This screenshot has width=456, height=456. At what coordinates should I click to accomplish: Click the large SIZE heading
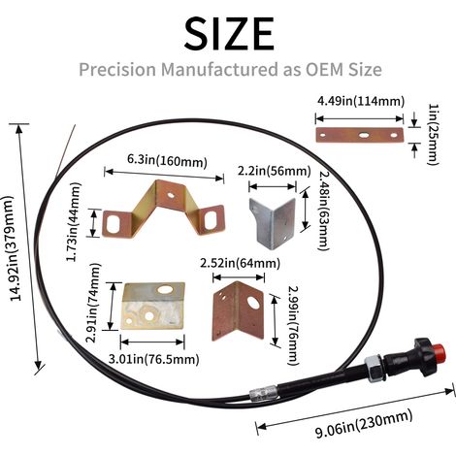coord(229,33)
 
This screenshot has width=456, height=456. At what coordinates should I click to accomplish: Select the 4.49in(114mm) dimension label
coord(361,101)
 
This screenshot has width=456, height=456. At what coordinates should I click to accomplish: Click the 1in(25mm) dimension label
coord(434,134)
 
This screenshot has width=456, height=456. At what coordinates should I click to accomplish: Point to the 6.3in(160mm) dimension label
coord(167,160)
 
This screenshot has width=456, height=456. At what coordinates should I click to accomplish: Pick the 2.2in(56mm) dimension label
coord(275,171)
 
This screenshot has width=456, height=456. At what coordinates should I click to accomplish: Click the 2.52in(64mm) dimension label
coord(240,263)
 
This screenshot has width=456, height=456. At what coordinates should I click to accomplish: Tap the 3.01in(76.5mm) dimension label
coord(153,359)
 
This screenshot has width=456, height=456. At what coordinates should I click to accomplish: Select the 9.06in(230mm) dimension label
coord(364,424)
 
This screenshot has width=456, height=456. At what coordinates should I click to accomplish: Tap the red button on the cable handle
coord(440,352)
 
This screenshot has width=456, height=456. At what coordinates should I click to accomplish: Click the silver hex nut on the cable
coord(375,368)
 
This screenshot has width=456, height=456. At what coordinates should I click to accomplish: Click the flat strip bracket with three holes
coord(360,135)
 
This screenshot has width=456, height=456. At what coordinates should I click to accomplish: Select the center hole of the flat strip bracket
coord(364,135)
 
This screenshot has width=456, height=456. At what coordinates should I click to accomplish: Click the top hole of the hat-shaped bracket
coord(170,195)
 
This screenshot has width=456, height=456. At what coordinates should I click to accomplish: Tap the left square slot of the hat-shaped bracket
coord(113,224)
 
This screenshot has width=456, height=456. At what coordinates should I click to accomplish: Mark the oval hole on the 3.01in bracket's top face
coord(164,289)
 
